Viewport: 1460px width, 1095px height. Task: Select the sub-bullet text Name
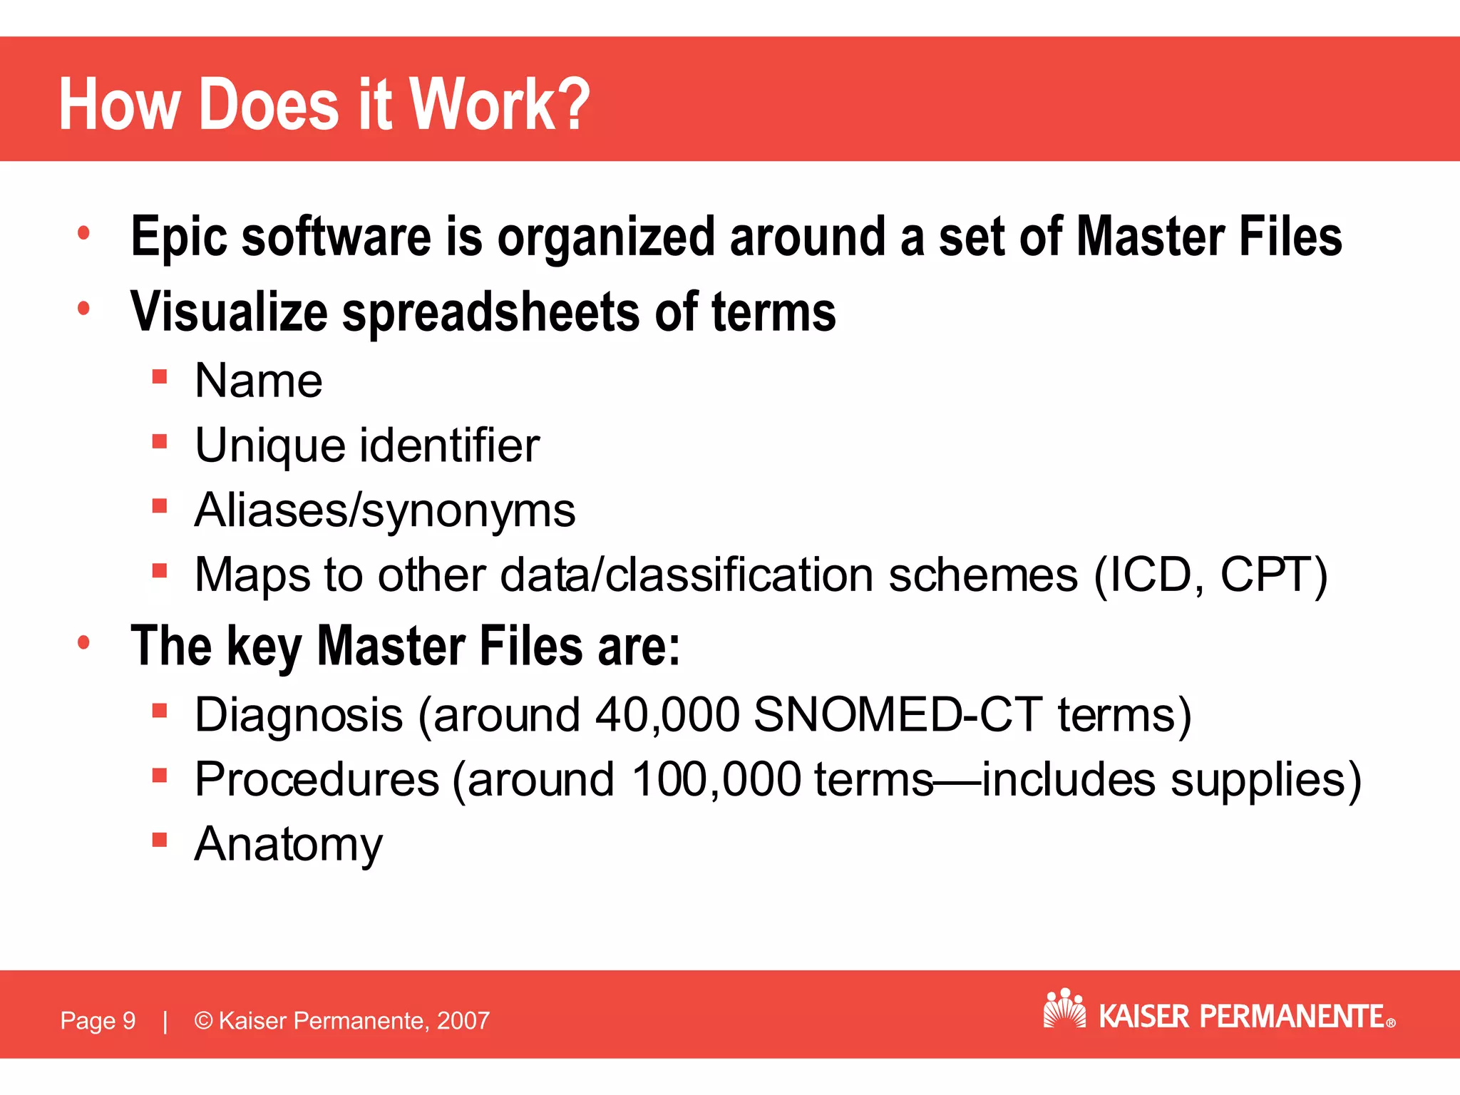[258, 381]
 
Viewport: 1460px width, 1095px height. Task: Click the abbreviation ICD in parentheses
[1148, 575]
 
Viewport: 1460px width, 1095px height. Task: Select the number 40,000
[667, 715]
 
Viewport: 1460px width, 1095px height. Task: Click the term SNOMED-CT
[898, 715]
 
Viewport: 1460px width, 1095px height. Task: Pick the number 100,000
[716, 779]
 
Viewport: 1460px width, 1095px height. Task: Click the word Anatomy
[289, 845]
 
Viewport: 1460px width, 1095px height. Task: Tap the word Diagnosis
[299, 715]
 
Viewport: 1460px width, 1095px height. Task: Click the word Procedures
[317, 779]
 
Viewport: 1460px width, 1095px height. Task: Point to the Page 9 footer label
[98, 1021]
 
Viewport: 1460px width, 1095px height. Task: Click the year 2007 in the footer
[463, 1021]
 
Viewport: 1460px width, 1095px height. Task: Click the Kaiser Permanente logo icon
[1064, 1008]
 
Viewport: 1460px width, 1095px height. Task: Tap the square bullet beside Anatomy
[159, 839]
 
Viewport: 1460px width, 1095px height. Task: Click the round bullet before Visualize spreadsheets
[84, 309]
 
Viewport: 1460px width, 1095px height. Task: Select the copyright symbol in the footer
[203, 1021]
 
